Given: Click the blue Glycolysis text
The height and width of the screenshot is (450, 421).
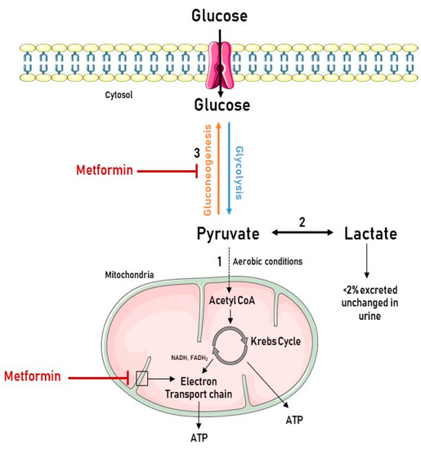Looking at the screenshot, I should click(x=240, y=172).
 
